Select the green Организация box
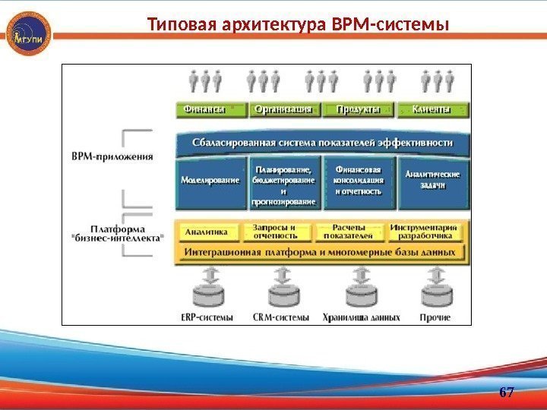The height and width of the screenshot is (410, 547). (x=284, y=109)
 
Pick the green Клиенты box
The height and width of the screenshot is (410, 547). (x=431, y=109)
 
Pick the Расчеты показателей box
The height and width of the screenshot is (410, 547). (x=349, y=231)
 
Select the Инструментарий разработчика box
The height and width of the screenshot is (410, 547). (x=425, y=231)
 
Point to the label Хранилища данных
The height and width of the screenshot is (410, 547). (x=360, y=317)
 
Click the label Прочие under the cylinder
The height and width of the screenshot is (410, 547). (x=435, y=317)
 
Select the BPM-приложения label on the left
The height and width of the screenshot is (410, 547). (x=112, y=157)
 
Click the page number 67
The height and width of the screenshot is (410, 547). (x=507, y=393)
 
